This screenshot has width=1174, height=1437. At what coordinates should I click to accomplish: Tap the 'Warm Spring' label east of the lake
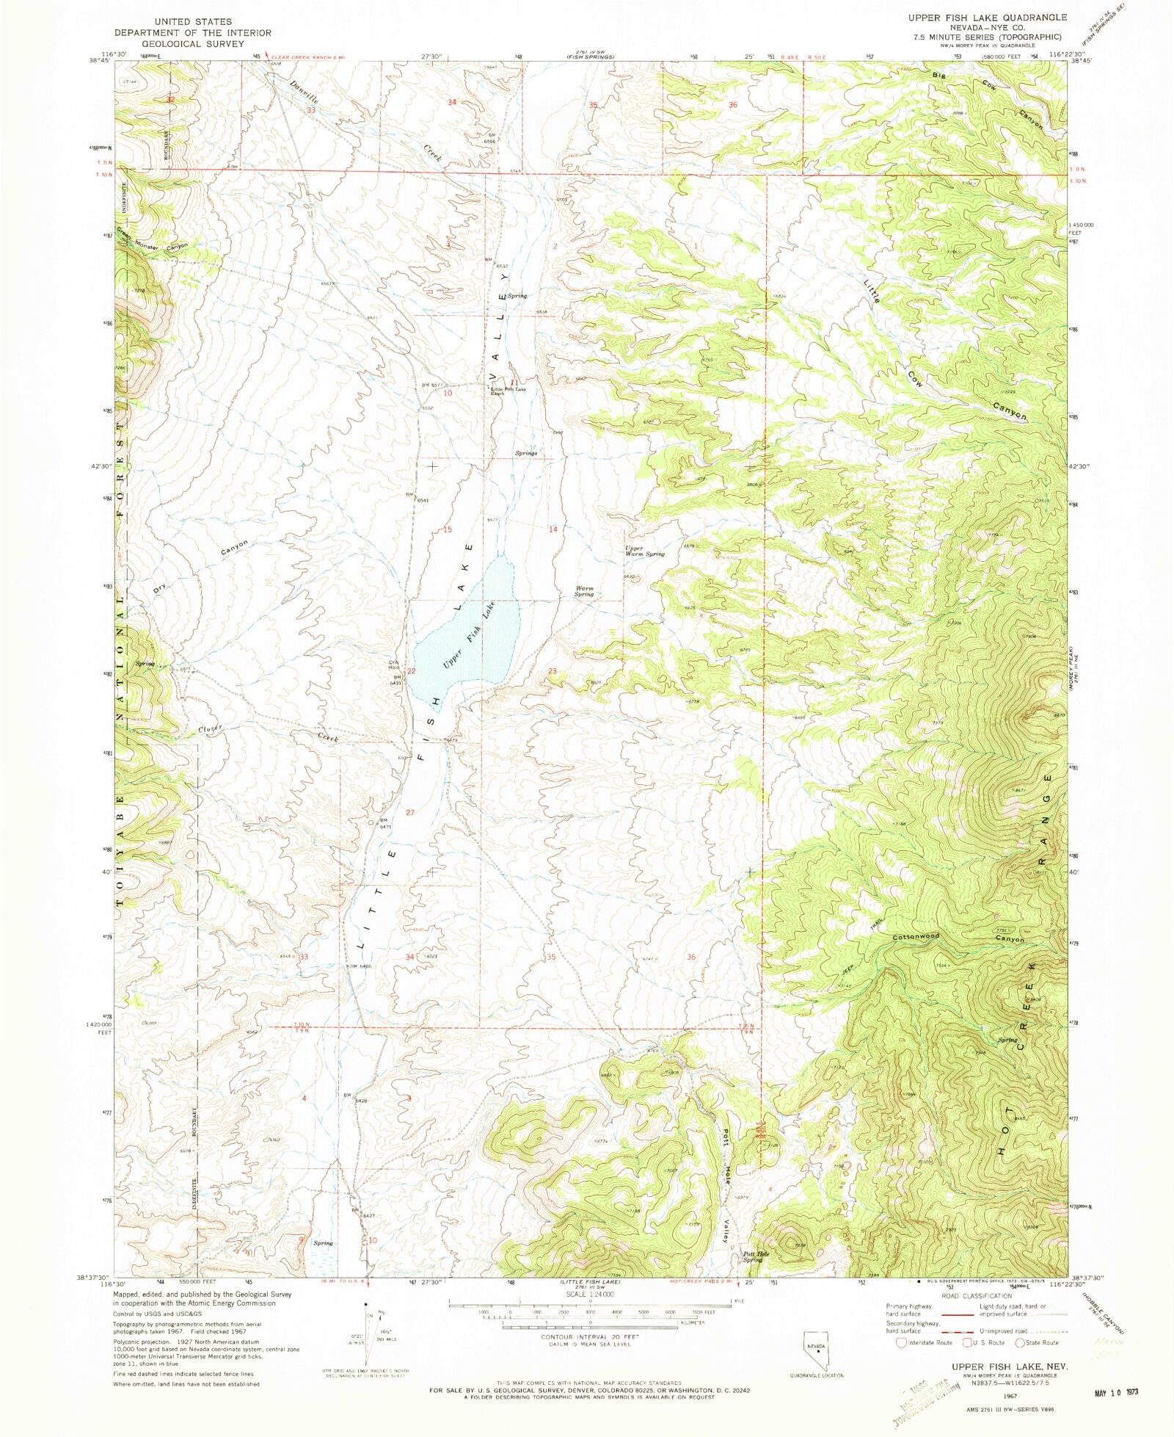(585, 591)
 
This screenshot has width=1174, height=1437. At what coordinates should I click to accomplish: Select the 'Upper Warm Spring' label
(644, 551)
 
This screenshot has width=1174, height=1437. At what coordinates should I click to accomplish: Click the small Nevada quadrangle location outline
(816, 1348)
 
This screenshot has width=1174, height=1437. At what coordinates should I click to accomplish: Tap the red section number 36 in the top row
(732, 105)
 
